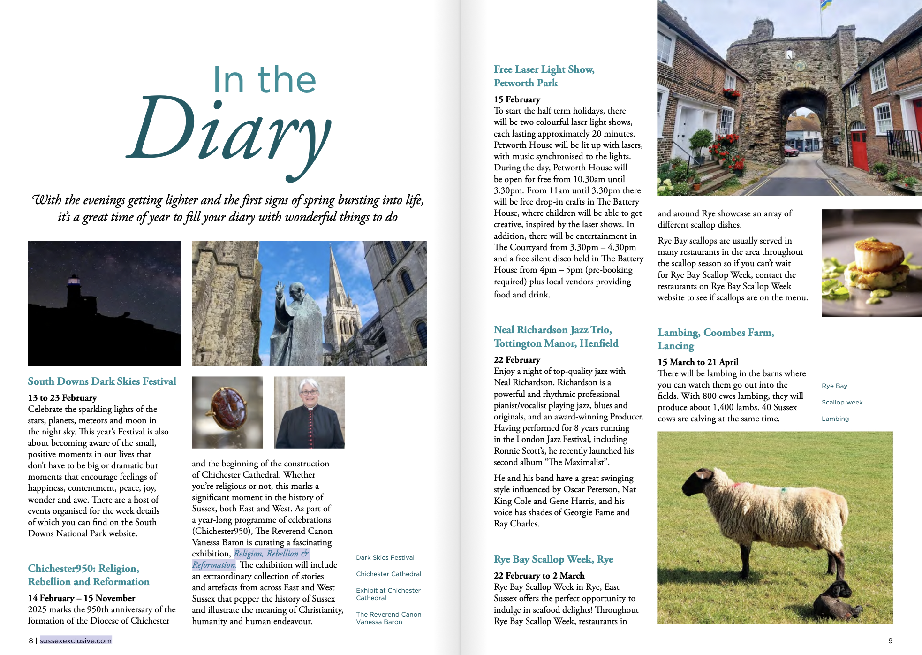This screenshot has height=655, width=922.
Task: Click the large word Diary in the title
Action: [x=230, y=131]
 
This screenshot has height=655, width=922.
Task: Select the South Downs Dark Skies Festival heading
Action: [x=102, y=381]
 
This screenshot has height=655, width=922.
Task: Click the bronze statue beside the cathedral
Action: [x=295, y=319]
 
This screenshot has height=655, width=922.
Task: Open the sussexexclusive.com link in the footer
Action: [x=76, y=641]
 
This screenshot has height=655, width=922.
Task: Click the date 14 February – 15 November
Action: [x=82, y=598]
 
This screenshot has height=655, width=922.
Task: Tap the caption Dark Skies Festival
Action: [x=385, y=558]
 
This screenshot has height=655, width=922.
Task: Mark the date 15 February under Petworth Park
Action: [x=517, y=99]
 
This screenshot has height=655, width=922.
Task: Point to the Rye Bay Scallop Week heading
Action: [x=553, y=559]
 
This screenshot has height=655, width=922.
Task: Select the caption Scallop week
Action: [x=842, y=403]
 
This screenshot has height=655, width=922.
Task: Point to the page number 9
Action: [x=890, y=641]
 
